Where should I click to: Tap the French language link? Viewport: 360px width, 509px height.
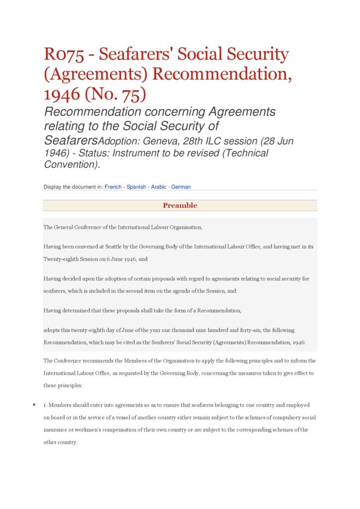113,187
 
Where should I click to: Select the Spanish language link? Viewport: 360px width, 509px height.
136,187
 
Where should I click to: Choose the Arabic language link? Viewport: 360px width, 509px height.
159,187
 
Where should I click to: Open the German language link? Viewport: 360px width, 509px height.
181,187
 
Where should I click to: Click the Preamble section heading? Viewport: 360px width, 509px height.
180,206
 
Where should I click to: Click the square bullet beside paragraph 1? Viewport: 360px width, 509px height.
34,405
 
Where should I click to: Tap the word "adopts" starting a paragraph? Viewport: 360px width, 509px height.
52,330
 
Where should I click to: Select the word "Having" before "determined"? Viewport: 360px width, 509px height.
52,311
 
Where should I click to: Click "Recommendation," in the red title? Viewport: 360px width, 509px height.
222,74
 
